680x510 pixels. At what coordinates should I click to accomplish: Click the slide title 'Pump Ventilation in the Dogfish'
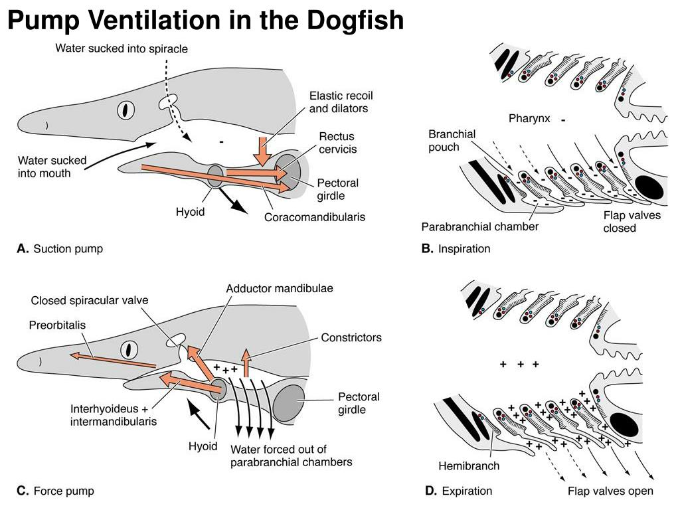pyautogui.click(x=205, y=21)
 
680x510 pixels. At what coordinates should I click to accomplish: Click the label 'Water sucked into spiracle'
pyautogui.click(x=122, y=48)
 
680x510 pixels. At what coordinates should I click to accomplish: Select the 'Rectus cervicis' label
pyautogui.click(x=337, y=142)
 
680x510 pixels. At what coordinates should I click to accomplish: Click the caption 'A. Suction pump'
pyautogui.click(x=60, y=249)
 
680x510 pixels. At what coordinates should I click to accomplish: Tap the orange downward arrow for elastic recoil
pyautogui.click(x=264, y=150)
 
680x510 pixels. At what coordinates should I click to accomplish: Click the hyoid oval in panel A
pyautogui.click(x=216, y=177)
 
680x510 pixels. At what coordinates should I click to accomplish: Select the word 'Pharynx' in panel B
pyautogui.click(x=529, y=120)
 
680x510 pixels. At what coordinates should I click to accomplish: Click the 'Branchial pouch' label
pyautogui.click(x=452, y=140)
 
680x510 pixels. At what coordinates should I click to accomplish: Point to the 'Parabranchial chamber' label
pyautogui.click(x=479, y=227)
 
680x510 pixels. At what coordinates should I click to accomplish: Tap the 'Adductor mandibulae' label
pyautogui.click(x=280, y=289)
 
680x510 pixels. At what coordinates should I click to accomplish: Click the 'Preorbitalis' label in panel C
pyautogui.click(x=57, y=325)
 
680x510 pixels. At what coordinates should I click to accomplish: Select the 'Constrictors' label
pyautogui.click(x=351, y=337)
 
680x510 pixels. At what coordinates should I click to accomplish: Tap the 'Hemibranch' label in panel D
pyautogui.click(x=469, y=466)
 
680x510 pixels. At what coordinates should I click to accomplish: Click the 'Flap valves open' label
pyautogui.click(x=610, y=491)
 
